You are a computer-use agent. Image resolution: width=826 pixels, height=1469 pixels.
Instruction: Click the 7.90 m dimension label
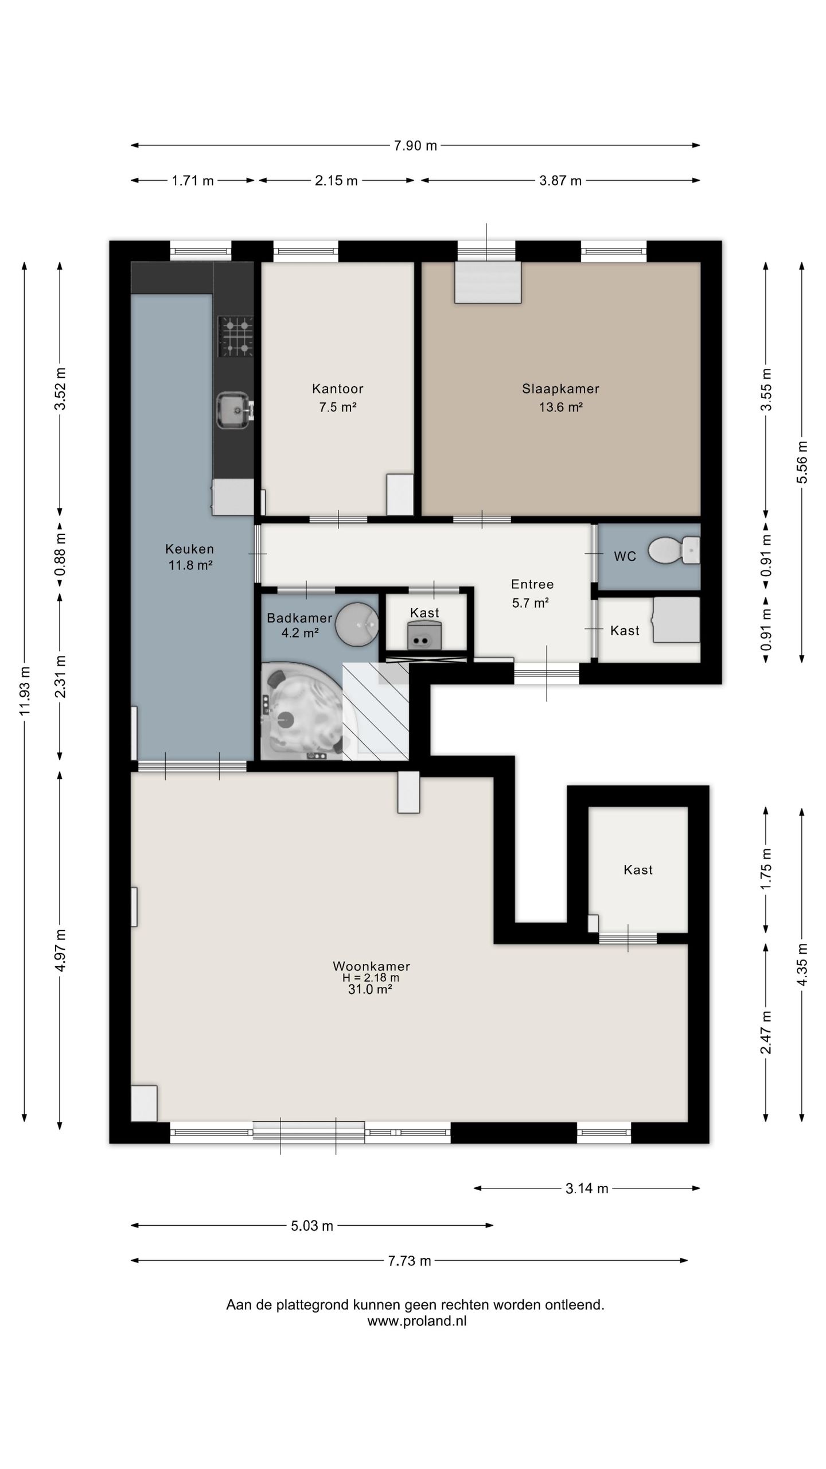coord(415,146)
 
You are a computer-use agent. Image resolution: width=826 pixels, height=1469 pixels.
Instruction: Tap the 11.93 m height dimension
coord(24,691)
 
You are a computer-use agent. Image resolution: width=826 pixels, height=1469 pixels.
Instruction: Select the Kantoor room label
coord(338,388)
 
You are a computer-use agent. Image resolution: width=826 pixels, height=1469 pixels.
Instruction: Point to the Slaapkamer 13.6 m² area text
coord(561,407)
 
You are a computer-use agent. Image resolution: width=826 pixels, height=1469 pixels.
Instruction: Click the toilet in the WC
coord(674,550)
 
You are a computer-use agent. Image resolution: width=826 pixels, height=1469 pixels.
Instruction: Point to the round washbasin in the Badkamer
coord(357,624)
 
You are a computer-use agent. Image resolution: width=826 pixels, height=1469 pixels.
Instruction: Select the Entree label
coord(532,584)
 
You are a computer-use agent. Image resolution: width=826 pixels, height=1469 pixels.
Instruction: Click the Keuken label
coord(190,549)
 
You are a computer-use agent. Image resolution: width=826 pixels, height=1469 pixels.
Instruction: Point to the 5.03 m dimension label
coord(312,1226)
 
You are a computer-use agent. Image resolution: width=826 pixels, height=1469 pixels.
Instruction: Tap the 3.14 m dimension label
coord(587,1188)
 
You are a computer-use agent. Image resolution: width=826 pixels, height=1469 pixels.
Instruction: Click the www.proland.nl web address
coord(417,1321)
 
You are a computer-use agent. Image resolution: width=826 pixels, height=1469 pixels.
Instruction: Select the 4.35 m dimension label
coord(802,965)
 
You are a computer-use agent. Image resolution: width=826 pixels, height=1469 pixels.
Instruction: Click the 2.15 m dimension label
coord(336,181)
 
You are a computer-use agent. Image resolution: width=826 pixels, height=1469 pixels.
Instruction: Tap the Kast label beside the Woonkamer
coord(638,870)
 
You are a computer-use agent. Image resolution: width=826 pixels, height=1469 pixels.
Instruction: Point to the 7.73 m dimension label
coord(410,1261)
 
